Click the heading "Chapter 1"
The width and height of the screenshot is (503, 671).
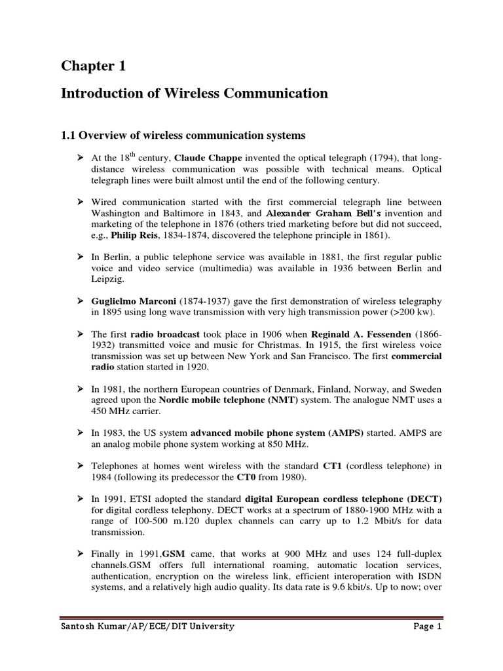pos(93,66)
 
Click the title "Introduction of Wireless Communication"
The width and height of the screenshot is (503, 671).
pos(194,94)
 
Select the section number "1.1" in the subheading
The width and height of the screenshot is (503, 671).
pos(69,136)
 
